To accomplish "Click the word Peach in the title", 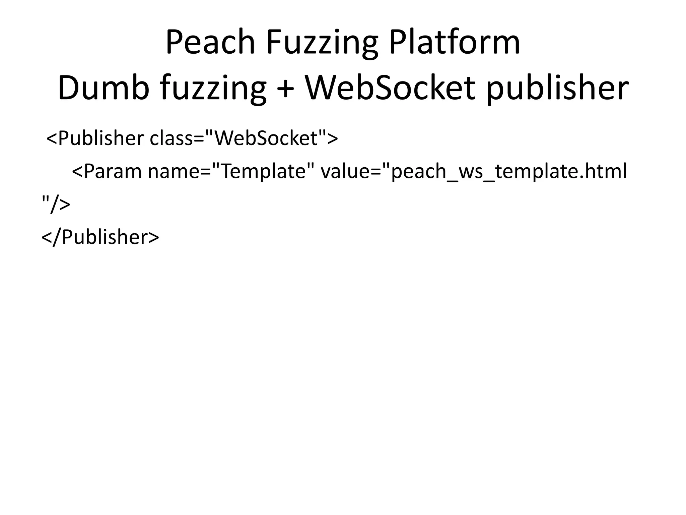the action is (x=210, y=43).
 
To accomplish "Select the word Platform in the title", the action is (x=454, y=43).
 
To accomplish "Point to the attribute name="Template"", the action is (x=231, y=171).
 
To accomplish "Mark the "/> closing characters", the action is (x=56, y=204).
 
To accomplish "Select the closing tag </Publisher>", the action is (x=100, y=237).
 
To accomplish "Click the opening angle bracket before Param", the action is (x=77, y=172).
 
